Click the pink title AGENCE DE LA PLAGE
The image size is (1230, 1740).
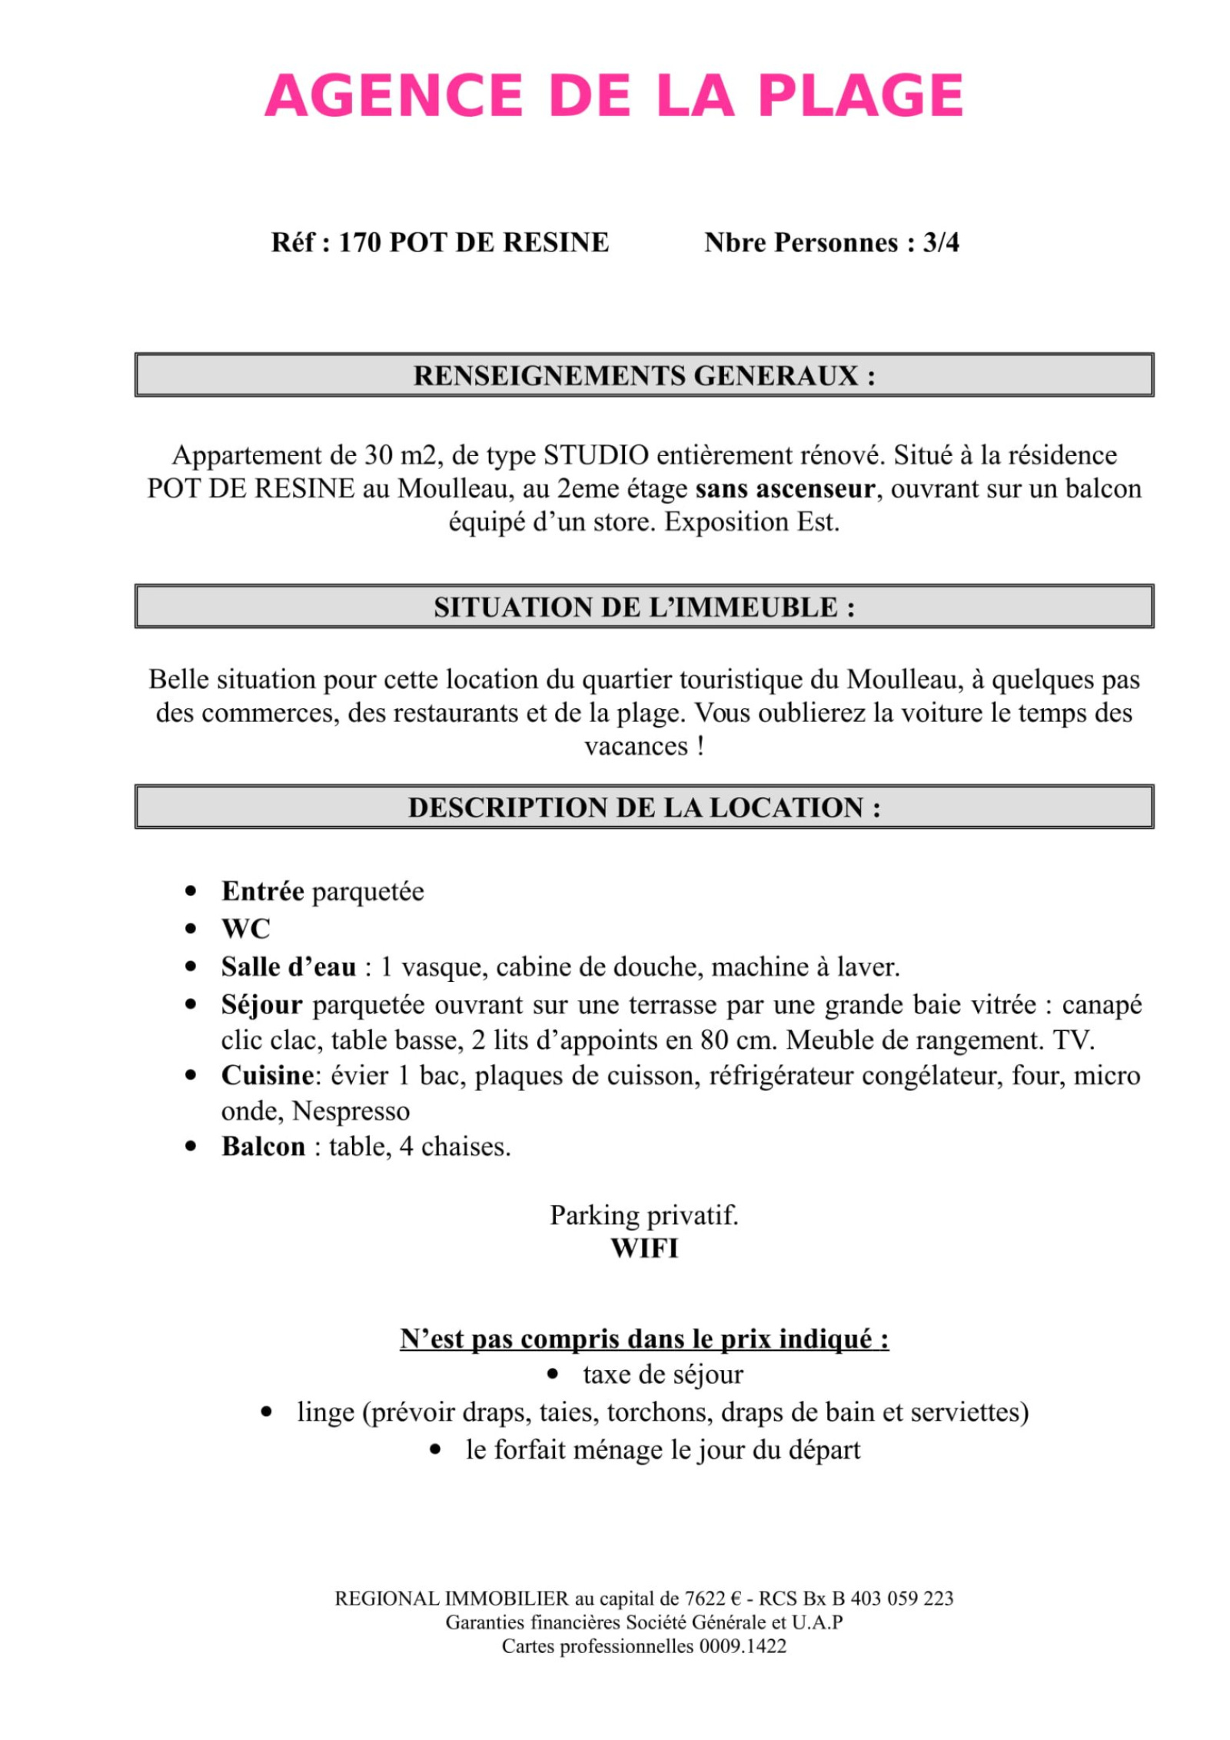613,96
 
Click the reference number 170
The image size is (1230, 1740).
359,243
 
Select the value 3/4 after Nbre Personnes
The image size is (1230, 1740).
941,243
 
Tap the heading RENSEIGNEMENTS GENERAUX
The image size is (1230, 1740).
644,376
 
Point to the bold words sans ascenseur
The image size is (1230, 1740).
785,489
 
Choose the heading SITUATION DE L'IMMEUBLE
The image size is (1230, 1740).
644,607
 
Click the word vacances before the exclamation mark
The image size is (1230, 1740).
636,746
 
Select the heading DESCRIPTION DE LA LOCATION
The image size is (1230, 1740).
644,807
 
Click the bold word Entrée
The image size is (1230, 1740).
262,892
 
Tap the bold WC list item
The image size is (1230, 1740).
246,929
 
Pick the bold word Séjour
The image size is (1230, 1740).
261,1005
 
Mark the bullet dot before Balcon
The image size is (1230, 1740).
191,1147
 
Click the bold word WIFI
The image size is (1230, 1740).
644,1249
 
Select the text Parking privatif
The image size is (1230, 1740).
644,1216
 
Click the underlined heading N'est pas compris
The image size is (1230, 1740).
644,1339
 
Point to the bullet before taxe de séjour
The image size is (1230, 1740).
552,1375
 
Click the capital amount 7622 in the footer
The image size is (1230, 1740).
705,1599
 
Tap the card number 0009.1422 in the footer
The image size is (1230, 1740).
742,1646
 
